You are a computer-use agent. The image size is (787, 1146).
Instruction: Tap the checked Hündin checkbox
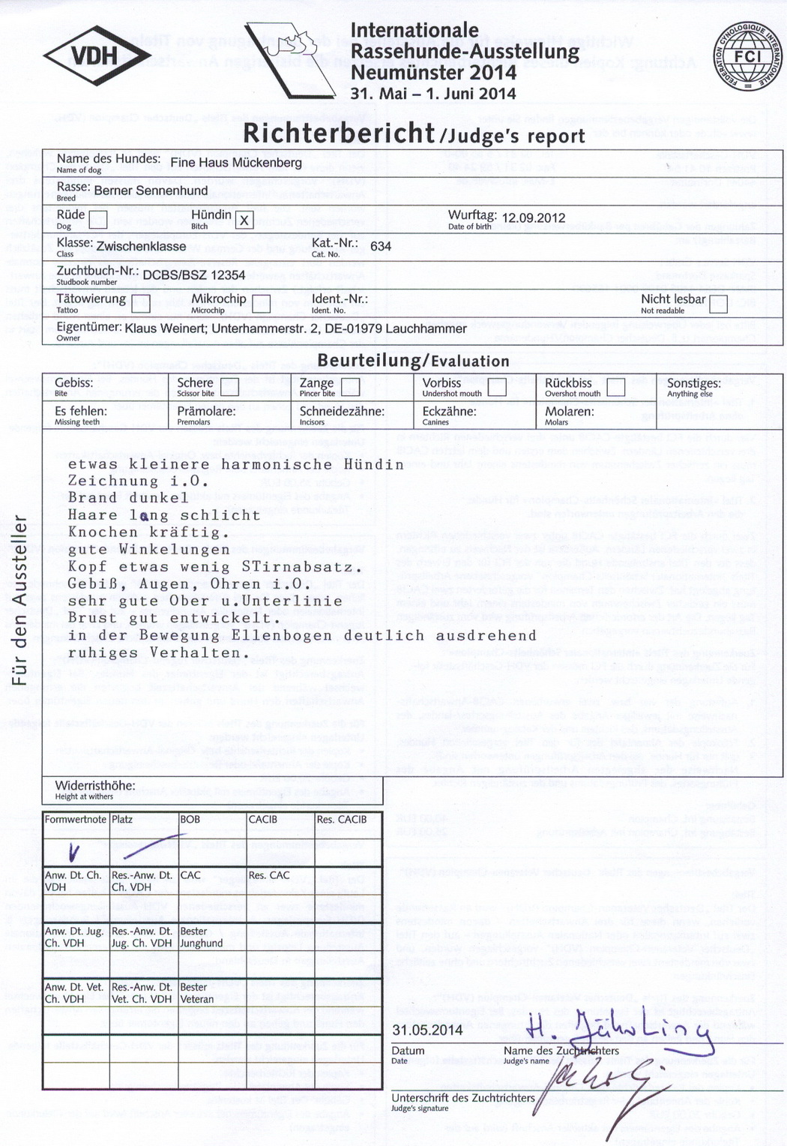(243, 220)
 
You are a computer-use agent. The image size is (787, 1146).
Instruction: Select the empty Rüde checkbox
(98, 220)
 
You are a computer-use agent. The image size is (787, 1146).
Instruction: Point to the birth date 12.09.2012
(533, 218)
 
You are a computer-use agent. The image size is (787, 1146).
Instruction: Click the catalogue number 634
(381, 246)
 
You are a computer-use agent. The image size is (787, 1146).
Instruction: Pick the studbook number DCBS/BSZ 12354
(194, 275)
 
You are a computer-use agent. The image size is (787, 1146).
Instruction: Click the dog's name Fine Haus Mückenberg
(236, 163)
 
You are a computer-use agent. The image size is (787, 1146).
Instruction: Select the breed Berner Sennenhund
(151, 190)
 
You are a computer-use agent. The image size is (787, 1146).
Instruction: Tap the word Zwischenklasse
(141, 246)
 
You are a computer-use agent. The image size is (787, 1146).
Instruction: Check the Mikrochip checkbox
(261, 304)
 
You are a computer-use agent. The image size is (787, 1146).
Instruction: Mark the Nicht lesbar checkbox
(718, 304)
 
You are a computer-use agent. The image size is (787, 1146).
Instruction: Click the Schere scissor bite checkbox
(229, 387)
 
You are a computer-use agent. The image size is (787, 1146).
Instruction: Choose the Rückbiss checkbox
(615, 387)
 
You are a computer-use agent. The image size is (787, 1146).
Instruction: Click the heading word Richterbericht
(339, 133)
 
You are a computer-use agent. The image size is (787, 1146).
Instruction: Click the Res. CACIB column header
(342, 820)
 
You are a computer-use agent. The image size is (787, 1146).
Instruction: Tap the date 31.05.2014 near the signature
(427, 1030)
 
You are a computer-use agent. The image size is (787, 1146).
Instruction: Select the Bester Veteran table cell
(197, 993)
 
